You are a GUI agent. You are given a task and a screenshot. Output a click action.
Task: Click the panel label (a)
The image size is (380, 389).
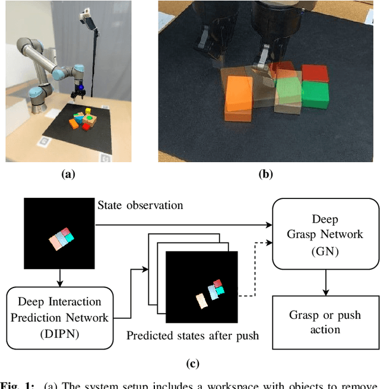pyautogui.click(x=69, y=174)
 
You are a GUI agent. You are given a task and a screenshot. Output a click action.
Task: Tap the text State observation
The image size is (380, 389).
pyautogui.click(x=140, y=205)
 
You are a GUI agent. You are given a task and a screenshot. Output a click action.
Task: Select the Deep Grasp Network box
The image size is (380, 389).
pyautogui.click(x=325, y=234)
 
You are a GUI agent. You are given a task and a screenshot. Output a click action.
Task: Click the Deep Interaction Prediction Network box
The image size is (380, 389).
pyautogui.click(x=59, y=318)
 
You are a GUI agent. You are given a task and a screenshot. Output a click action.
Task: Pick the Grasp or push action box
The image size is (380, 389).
pyautogui.click(x=325, y=322)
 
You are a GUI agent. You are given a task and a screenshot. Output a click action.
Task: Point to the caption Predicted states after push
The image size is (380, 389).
pyautogui.click(x=192, y=336)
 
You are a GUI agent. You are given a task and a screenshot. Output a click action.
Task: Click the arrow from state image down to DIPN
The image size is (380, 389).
pyautogui.click(x=59, y=276)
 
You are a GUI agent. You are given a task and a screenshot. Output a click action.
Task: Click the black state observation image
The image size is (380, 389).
pyautogui.click(x=59, y=234)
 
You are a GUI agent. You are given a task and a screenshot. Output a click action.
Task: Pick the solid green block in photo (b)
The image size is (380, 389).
pyautogui.click(x=315, y=95)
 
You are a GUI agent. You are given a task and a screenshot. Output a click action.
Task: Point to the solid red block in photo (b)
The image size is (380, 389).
pyautogui.click(x=315, y=74)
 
